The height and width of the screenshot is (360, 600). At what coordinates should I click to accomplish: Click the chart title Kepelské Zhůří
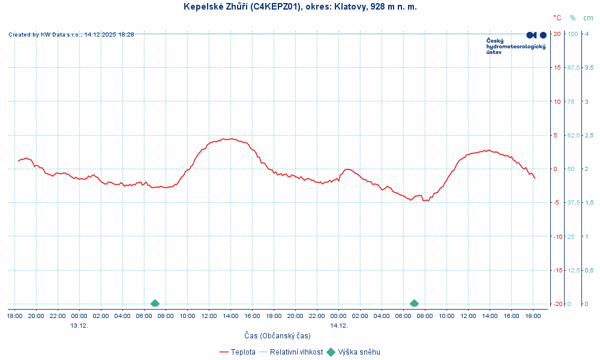coord(300,7)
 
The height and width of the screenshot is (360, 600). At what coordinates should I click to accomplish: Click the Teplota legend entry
coord(242,352)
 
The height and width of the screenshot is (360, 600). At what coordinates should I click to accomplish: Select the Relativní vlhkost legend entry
coord(296,352)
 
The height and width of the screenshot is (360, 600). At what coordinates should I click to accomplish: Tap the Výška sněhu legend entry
coord(359,352)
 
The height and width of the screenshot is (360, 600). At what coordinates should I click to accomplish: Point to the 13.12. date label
coord(79,325)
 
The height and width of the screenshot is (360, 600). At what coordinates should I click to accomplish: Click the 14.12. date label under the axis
coord(338,325)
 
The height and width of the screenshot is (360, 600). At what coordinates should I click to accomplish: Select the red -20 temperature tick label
coord(557,304)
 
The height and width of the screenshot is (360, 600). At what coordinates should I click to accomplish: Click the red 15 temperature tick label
coord(557,67)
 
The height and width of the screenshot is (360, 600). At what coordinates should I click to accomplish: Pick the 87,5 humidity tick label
coord(574,67)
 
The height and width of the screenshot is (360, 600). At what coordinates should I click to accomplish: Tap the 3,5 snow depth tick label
coord(589,67)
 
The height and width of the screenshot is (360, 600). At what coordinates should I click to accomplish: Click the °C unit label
coord(557,18)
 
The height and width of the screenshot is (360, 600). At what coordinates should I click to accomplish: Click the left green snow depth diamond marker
coord(155,304)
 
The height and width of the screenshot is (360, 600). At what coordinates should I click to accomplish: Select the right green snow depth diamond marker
coord(414,304)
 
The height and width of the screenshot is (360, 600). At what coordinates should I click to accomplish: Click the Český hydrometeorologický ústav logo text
coord(515,46)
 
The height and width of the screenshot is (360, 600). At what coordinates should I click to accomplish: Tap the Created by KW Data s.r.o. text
coord(71,35)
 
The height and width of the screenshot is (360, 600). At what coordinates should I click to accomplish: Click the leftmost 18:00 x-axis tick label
coord(15,316)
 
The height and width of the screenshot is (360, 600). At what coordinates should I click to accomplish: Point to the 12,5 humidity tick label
coord(574,270)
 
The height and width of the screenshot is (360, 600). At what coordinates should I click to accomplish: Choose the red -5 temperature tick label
coord(557,203)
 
